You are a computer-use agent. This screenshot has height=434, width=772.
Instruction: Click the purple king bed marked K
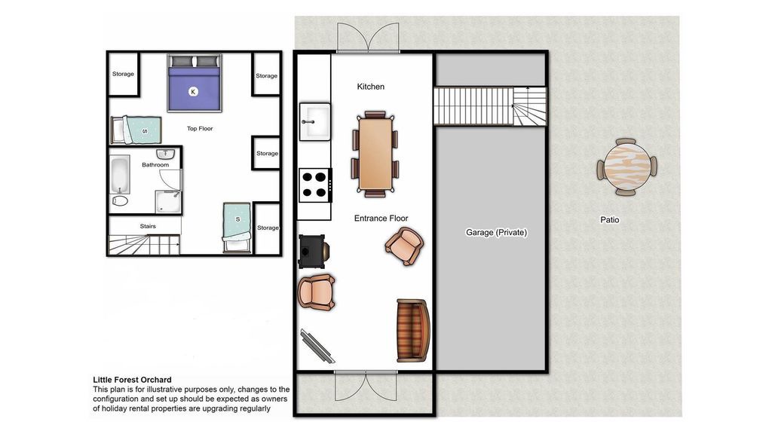pyautogui.click(x=194, y=83)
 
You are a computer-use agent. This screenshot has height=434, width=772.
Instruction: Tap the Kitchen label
pyautogui.click(x=370, y=87)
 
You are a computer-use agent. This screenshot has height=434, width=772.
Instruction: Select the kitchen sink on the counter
pyautogui.click(x=314, y=121)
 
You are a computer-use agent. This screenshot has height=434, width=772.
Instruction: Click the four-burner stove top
pyautogui.click(x=315, y=185)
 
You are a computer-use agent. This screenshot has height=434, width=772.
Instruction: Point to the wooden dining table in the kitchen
pyautogui.click(x=375, y=154)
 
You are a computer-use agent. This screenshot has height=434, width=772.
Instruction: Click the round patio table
pyautogui.click(x=626, y=167)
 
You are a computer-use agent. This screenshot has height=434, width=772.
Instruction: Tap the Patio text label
pyautogui.click(x=609, y=220)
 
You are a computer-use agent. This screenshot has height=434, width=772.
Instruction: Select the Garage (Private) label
pyautogui.click(x=496, y=232)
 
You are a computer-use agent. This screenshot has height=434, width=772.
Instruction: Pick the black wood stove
pyautogui.click(x=314, y=252)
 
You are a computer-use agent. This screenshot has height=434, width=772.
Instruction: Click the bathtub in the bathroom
pyautogui.click(x=120, y=175)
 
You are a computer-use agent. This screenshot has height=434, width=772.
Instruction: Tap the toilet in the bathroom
pyautogui.click(x=120, y=200)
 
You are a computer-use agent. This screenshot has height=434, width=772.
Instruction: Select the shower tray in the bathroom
pyautogui.click(x=168, y=202)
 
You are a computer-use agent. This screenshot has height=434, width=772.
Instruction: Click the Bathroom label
pyautogui.click(x=155, y=165)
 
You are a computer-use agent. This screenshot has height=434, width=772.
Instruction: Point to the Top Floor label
pyautogui.click(x=199, y=128)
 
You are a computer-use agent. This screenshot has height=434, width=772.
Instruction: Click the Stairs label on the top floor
pyautogui.click(x=148, y=226)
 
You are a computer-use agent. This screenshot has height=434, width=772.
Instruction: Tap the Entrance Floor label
pyautogui.click(x=381, y=218)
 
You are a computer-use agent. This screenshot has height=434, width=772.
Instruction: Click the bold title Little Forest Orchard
pyautogui.click(x=133, y=380)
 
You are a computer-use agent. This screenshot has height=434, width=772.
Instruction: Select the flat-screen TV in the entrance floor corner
pyautogui.click(x=317, y=345)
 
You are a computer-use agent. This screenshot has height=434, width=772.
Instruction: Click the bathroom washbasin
pyautogui.click(x=165, y=154)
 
